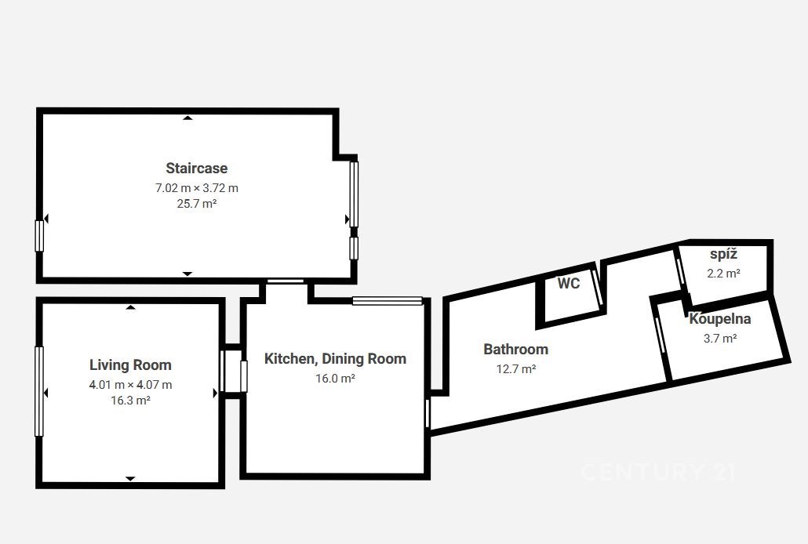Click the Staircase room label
coord(196,169)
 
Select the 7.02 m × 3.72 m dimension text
coord(197,188)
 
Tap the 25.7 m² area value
coord(197,204)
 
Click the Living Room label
coord(130,364)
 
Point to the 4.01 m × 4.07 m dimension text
coord(130,384)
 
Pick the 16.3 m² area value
coord(130,401)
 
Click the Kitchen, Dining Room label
coord(335,358)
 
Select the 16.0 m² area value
coord(335,379)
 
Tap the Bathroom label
coord(516,350)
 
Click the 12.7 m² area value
coord(516,369)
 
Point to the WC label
coord(569,283)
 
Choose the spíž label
coord(723,255)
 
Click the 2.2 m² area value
coord(723,274)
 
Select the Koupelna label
coord(720,319)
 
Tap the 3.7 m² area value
coord(720,339)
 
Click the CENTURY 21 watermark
coord(659,472)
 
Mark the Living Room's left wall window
coord(39,391)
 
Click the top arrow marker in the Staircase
coord(187,118)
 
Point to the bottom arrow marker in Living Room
coord(130,479)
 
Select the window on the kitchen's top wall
coord(388,301)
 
